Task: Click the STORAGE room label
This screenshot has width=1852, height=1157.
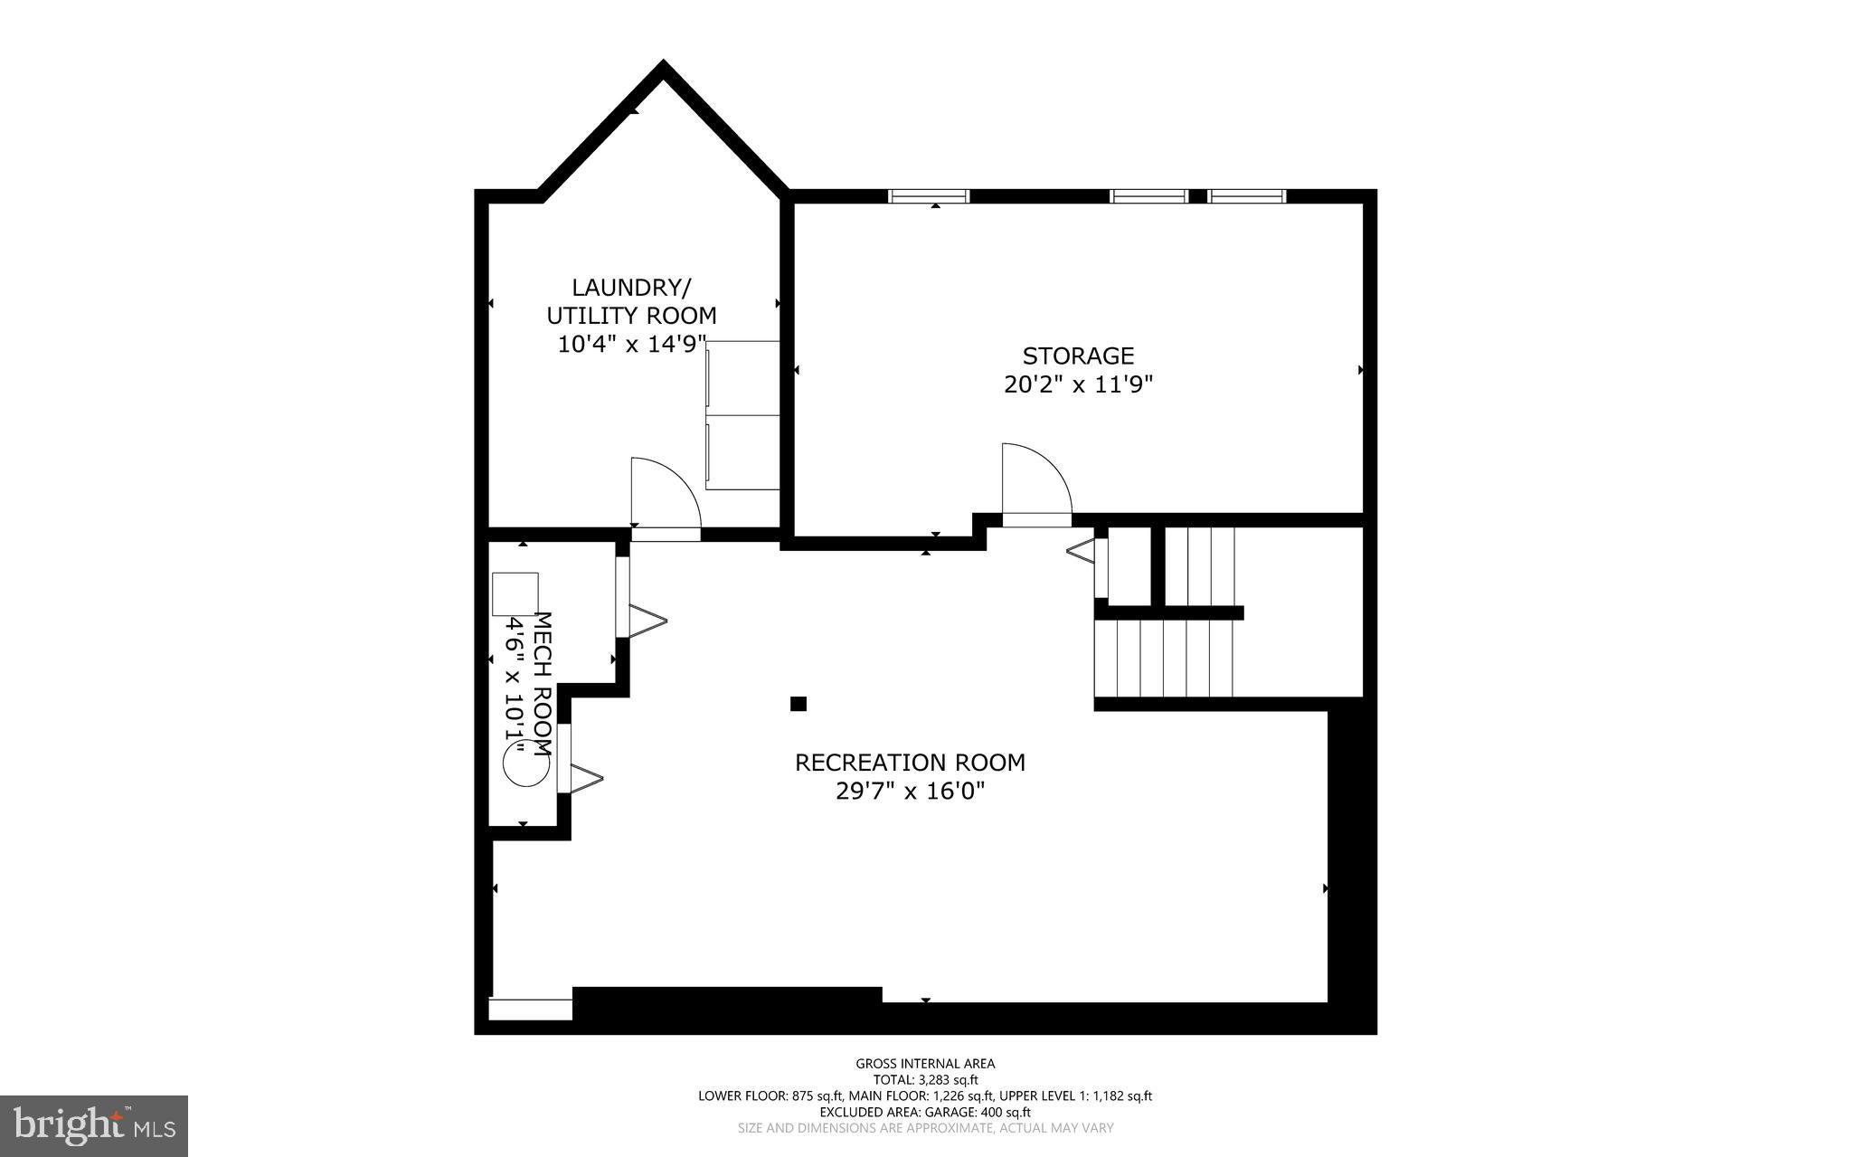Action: point(1078,356)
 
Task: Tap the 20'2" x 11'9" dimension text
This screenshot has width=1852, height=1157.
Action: point(1078,385)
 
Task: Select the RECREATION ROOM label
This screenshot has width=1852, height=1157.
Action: point(910,763)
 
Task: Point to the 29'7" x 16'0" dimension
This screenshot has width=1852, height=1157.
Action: point(910,792)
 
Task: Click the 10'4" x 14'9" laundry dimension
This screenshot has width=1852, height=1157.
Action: point(631,345)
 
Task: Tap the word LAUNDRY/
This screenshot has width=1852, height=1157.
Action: point(631,288)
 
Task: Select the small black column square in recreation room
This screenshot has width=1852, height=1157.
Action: point(798,704)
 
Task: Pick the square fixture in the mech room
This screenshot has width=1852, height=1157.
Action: point(515,594)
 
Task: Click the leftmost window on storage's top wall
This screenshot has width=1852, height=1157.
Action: point(929,196)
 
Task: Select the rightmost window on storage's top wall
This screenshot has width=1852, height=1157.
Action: point(1247,196)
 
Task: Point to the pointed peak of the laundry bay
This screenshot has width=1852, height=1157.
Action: point(664,69)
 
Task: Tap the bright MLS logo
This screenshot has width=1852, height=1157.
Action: point(94,1125)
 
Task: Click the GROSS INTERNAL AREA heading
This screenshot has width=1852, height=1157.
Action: point(925,1064)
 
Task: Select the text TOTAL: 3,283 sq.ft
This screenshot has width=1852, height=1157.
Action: point(925,1079)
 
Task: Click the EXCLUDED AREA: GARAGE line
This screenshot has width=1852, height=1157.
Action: point(925,1112)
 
